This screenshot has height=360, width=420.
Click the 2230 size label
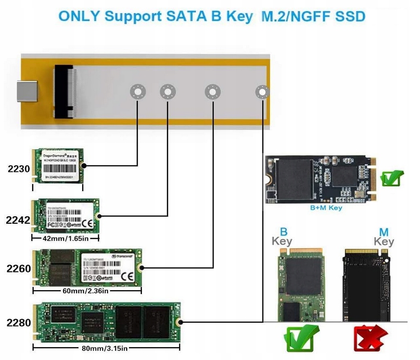pos(19,169)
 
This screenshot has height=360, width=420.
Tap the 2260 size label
pos(19,269)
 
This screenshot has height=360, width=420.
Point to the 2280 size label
pos(19,323)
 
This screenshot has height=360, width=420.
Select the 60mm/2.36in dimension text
pos(86,290)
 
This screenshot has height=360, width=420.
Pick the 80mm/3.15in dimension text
pos(106,347)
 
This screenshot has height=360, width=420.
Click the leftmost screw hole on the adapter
pos(137,91)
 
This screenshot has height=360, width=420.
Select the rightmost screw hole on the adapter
pos(262,91)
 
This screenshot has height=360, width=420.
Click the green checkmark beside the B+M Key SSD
pos(392,179)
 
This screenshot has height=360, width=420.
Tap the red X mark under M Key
pos(371,338)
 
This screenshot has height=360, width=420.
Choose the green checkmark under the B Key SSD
pos(301,338)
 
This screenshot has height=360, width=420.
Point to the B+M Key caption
pos(326,208)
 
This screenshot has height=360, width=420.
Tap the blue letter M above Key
pos(384,232)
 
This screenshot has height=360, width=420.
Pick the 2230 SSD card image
pos(57,165)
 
